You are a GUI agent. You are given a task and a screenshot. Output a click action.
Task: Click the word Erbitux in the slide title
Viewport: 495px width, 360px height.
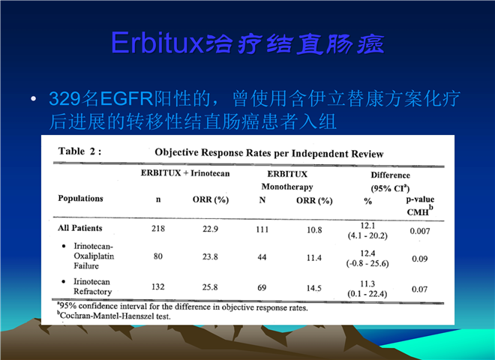click(x=157, y=43)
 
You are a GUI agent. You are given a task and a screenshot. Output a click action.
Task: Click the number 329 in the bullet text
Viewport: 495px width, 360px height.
click(x=64, y=98)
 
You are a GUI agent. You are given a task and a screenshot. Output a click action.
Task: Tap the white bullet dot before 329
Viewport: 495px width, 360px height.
click(x=33, y=99)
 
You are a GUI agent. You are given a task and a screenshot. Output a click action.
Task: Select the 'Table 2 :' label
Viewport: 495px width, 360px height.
click(x=79, y=151)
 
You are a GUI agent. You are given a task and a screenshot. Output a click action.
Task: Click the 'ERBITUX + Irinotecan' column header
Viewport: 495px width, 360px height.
click(x=185, y=173)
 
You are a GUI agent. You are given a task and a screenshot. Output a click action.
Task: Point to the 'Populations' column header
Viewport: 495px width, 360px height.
click(x=80, y=198)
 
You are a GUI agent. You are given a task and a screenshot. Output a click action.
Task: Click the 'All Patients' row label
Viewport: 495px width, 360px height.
click(x=79, y=228)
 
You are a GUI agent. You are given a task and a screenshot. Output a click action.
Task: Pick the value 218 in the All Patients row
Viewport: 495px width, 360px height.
click(x=158, y=228)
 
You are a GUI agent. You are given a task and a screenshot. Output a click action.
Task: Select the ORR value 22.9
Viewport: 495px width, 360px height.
click(x=210, y=229)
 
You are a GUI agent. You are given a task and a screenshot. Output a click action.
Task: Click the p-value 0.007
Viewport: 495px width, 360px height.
click(x=420, y=231)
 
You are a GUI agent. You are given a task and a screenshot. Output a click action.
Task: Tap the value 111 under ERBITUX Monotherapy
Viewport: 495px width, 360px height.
click(x=262, y=229)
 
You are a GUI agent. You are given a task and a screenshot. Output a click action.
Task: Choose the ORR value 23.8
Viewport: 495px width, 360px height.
click(x=210, y=256)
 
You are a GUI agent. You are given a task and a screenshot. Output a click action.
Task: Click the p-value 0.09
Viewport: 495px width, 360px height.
click(x=419, y=259)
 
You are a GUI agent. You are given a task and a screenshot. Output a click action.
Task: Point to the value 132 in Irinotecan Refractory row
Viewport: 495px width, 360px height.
click(x=157, y=286)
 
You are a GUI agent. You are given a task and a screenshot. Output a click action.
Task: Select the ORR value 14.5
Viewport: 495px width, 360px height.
click(x=313, y=288)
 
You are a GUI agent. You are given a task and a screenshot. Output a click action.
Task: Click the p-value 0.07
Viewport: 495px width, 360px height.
click(x=419, y=289)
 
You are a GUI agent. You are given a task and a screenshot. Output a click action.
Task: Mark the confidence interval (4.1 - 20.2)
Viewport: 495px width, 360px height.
click(x=367, y=235)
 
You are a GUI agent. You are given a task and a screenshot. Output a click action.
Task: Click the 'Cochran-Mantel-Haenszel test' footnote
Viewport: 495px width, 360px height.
click(x=114, y=316)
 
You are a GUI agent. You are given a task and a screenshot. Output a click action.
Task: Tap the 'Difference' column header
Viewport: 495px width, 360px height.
click(x=391, y=175)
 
